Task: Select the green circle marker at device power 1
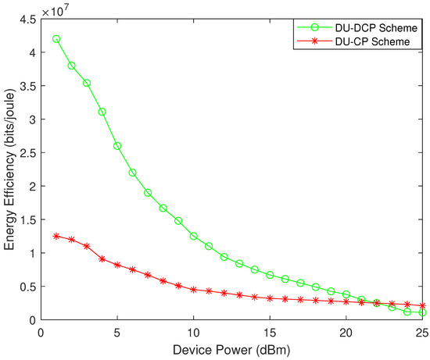click(56, 39)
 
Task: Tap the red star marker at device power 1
click(56, 236)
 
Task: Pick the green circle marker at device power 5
click(117, 146)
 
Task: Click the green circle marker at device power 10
click(194, 236)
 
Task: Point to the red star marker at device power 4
click(102, 259)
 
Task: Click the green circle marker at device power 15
click(270, 275)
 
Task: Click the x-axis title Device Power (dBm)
click(232, 351)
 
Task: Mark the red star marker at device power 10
click(194, 290)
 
